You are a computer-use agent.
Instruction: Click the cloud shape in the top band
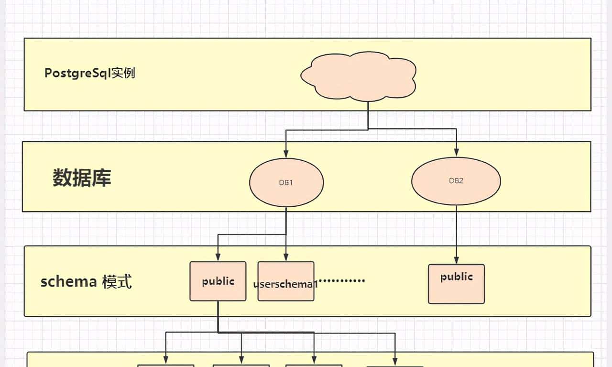358,77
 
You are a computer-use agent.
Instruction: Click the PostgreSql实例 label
90,73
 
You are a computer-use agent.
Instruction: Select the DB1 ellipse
286,182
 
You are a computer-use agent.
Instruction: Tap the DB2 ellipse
456,181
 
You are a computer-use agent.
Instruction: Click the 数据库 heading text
82,178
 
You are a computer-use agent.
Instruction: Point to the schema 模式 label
86,282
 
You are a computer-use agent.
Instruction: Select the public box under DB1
218,281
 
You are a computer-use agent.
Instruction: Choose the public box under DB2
456,284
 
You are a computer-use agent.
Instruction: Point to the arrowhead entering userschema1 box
286,257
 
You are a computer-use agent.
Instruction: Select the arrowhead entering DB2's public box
456,260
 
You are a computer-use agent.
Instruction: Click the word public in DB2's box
456,277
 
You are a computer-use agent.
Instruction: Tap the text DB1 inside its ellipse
286,182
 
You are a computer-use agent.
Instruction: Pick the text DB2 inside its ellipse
456,181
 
